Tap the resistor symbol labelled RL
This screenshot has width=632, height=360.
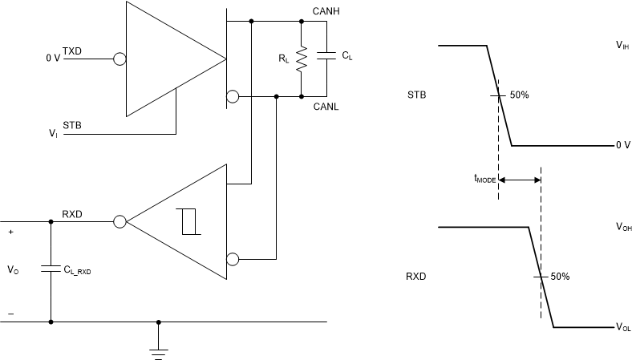pos(302,58)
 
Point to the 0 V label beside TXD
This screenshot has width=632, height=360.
pos(52,59)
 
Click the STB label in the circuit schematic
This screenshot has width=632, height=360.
pos(72,124)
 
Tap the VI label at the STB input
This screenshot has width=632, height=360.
pos(54,135)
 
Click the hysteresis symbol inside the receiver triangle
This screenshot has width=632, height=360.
pos(190,220)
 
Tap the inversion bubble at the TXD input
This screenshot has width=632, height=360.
pos(119,59)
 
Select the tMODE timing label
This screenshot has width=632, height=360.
pos(484,180)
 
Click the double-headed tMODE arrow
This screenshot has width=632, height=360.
pos(520,180)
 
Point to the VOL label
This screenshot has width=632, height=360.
pos(622,327)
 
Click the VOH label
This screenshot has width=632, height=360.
pos(622,228)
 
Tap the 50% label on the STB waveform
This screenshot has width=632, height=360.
pos(519,95)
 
